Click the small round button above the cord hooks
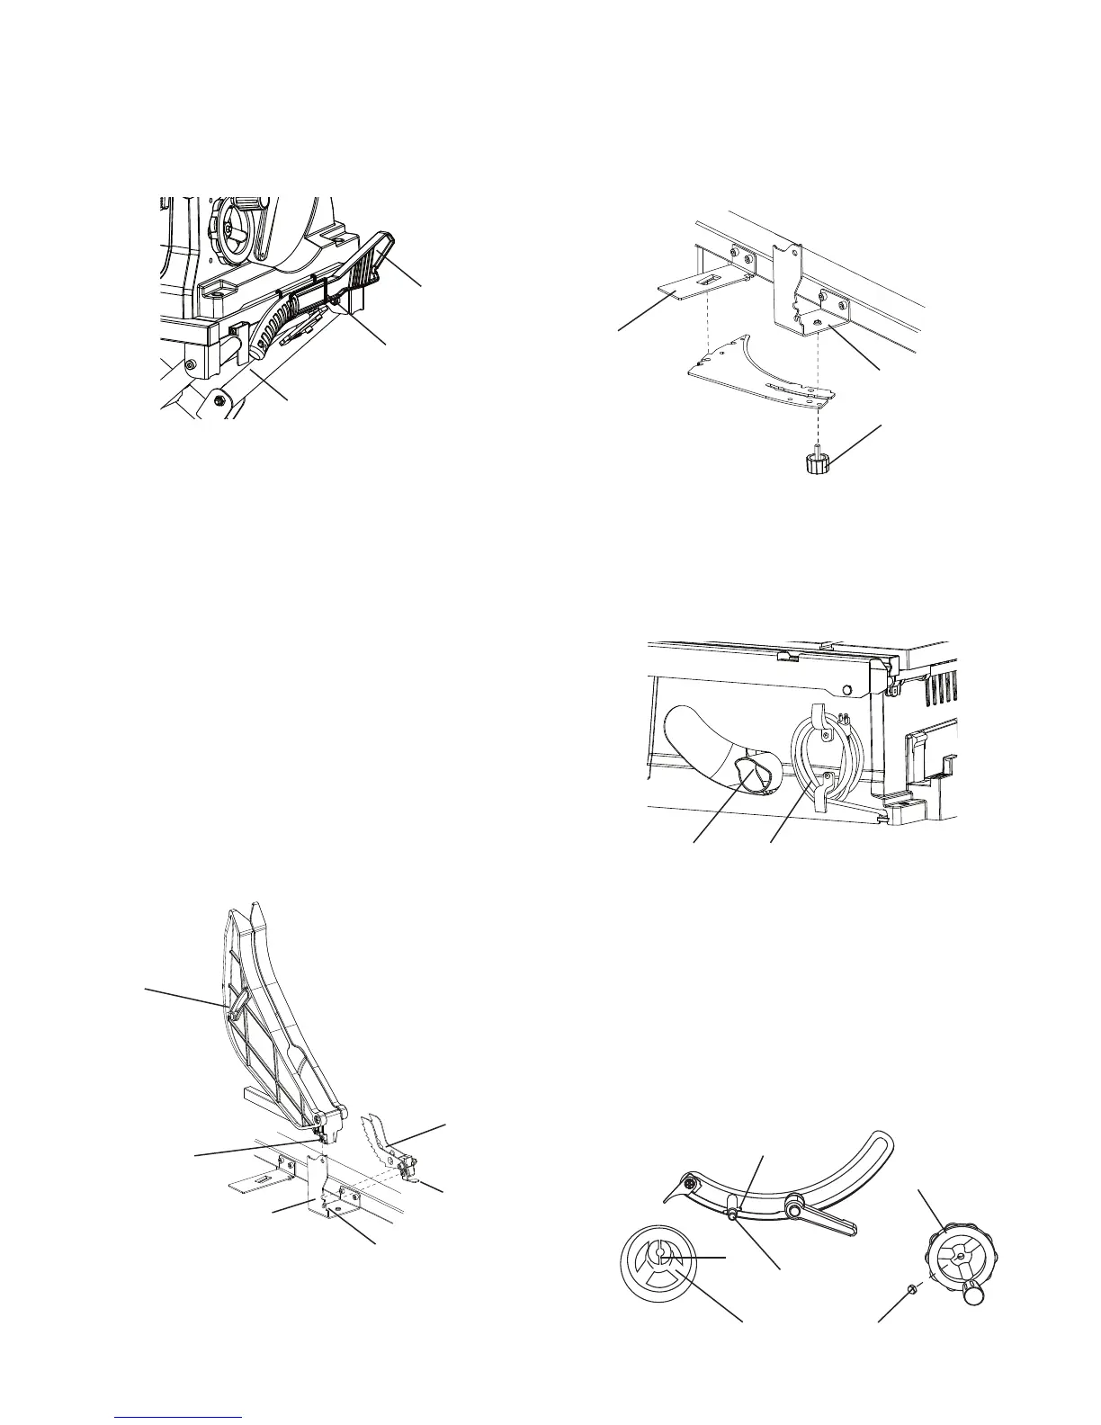[x=846, y=690]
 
